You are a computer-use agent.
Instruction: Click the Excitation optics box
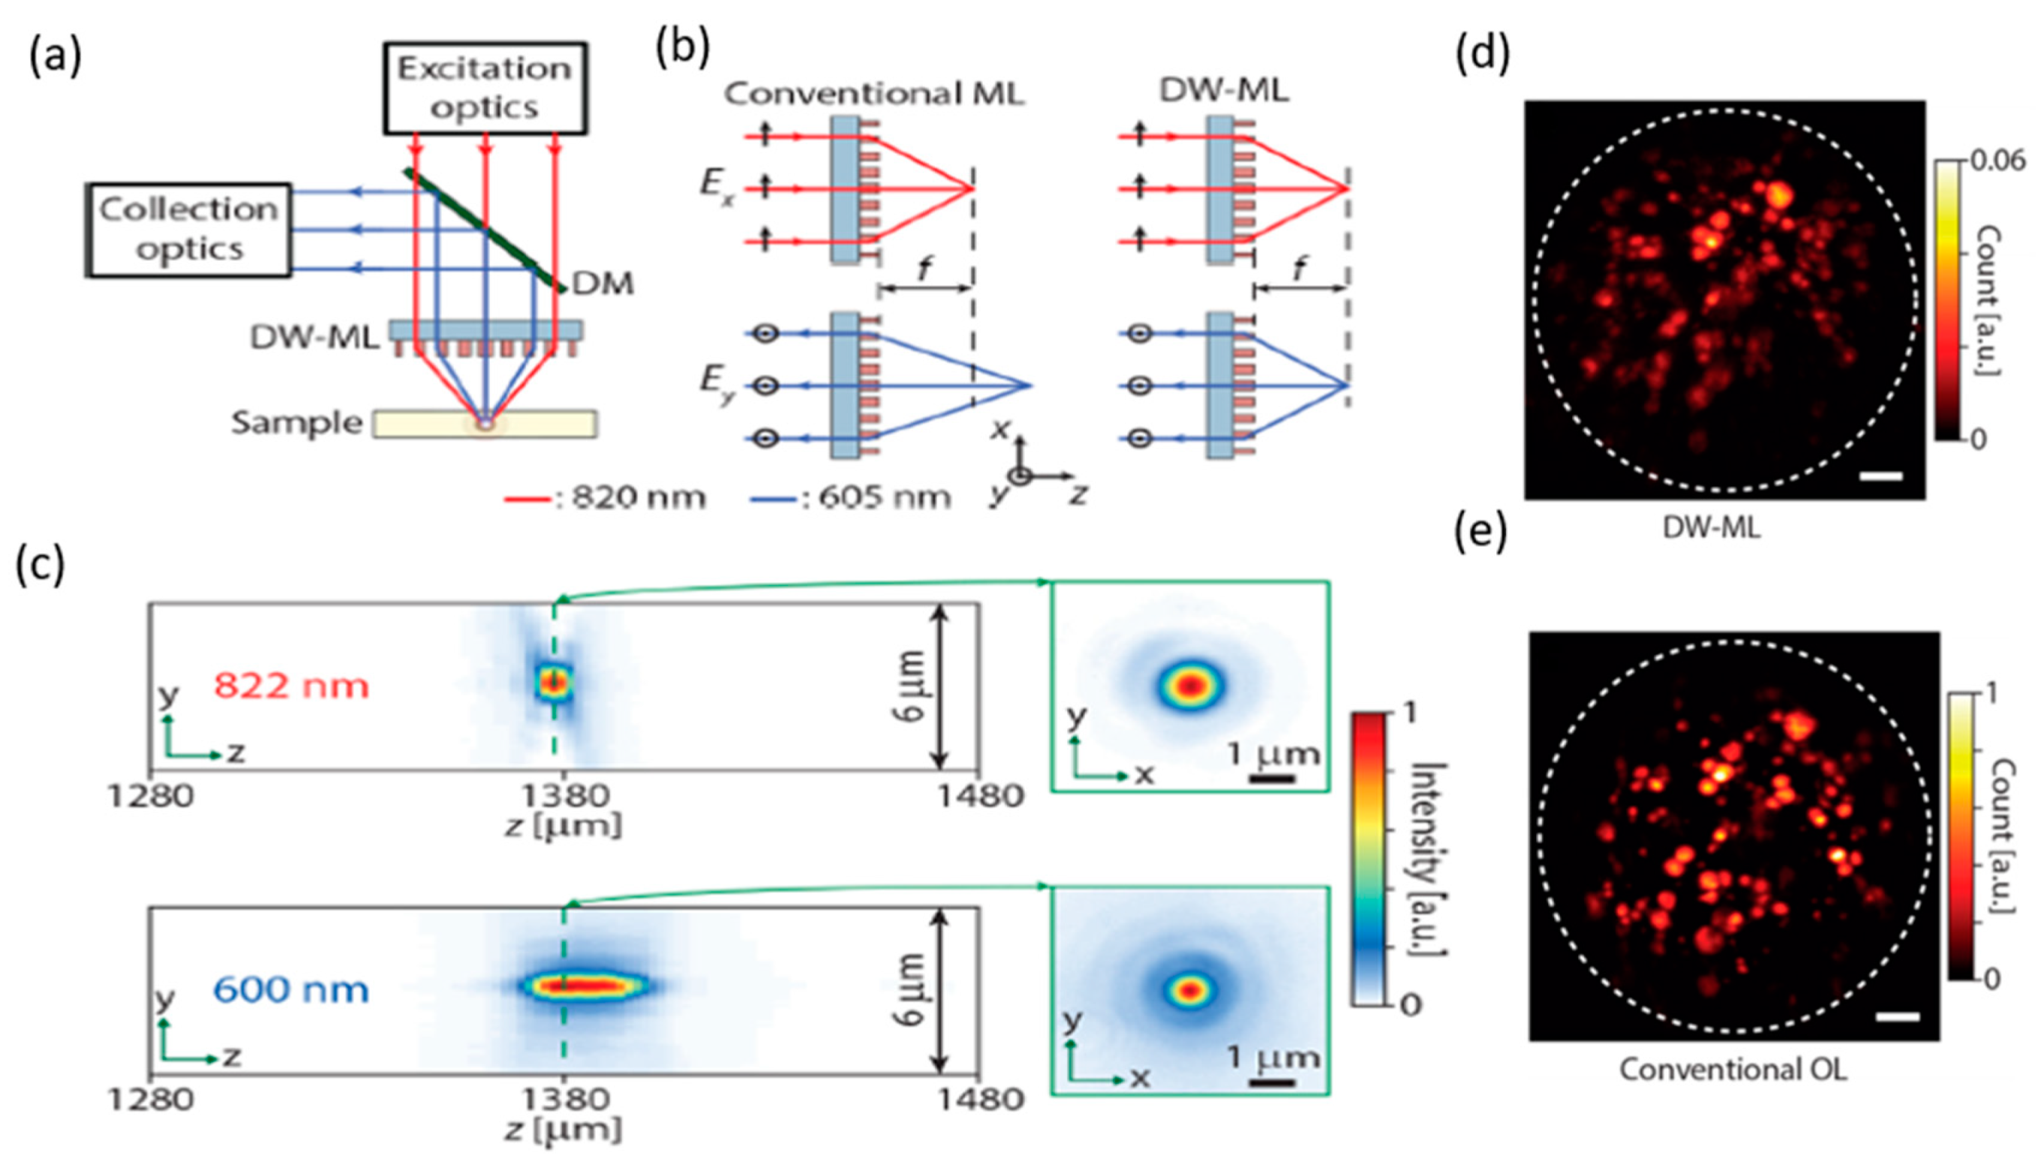point(484,88)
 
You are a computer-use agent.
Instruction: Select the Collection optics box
point(189,230)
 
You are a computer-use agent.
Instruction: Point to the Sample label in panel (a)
point(297,423)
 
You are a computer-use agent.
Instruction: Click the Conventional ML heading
point(874,94)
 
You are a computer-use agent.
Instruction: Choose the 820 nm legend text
point(639,499)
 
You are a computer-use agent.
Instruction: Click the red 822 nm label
point(292,686)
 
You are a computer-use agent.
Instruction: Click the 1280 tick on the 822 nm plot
point(151,796)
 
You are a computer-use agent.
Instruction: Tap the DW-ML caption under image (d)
point(1711,527)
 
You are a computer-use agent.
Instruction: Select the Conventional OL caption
point(1733,1070)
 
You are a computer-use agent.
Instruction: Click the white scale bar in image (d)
point(1881,477)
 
